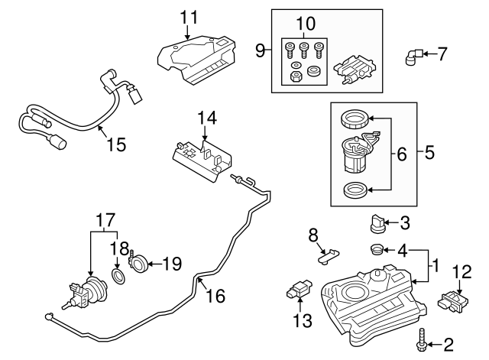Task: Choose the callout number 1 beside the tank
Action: [x=436, y=266]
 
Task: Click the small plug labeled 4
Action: [x=375, y=249]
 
